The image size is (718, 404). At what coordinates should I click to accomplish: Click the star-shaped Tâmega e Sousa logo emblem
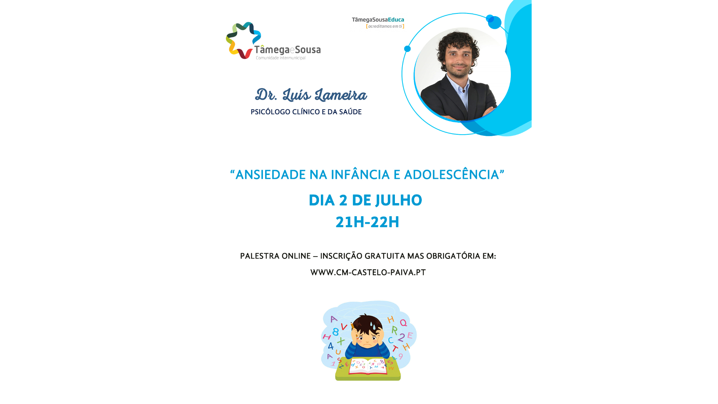click(243, 40)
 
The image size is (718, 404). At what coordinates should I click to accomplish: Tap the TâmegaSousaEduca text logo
click(378, 20)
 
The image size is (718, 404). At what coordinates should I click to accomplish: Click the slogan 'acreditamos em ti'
click(385, 26)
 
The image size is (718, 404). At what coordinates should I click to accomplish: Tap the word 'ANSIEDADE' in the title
click(270, 175)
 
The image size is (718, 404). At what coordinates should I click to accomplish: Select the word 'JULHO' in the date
click(399, 200)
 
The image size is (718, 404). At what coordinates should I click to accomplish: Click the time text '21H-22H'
click(367, 222)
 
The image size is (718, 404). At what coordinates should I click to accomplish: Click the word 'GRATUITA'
click(384, 256)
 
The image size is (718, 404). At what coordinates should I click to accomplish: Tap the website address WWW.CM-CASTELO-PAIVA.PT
click(368, 272)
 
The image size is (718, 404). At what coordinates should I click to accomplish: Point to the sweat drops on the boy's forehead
click(372, 326)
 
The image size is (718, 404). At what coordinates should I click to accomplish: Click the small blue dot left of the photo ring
click(407, 49)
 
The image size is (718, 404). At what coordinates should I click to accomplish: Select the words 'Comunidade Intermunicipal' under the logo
click(280, 58)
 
